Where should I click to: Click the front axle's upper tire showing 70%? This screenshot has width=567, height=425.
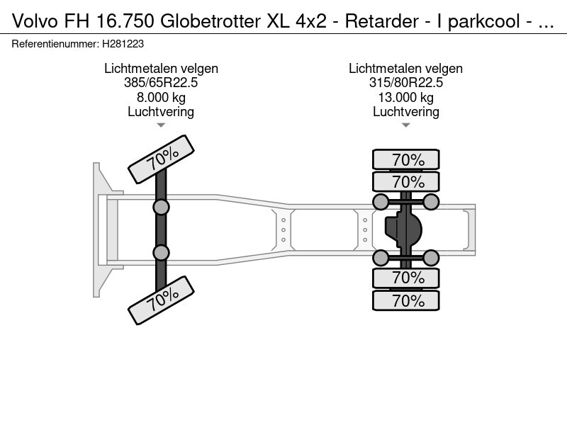click(161, 157)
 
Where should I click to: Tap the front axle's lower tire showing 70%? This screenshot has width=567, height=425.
click(161, 302)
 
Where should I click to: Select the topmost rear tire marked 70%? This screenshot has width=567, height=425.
click(407, 160)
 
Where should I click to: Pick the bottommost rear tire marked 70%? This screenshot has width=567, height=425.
click(407, 300)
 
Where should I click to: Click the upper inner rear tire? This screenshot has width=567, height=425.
click(407, 181)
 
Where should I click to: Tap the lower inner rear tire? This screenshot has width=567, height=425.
click(407, 277)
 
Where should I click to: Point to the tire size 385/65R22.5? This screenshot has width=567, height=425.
click(161, 83)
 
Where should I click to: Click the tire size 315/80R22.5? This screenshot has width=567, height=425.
click(405, 83)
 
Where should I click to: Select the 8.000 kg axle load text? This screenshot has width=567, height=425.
click(161, 97)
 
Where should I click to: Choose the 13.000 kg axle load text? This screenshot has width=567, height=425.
click(405, 97)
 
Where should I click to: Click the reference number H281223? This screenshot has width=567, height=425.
click(123, 43)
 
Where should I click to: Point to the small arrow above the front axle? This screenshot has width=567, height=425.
click(161, 125)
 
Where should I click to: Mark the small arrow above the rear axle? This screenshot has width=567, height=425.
click(405, 125)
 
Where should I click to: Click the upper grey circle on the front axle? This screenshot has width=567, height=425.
click(161, 207)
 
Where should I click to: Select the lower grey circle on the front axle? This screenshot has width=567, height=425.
click(161, 252)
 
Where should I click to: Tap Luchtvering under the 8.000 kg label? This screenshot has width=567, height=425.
click(161, 111)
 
